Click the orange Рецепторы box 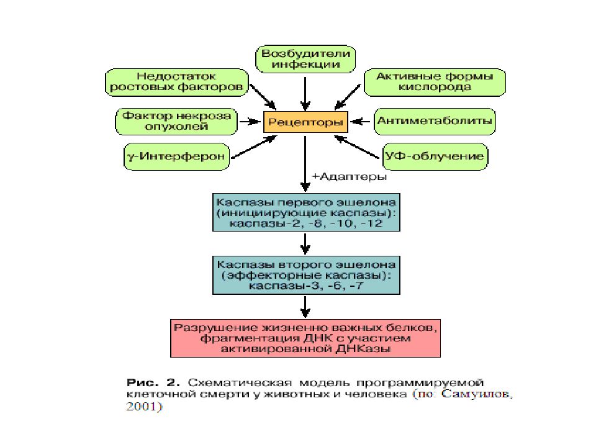305,122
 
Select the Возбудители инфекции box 305,59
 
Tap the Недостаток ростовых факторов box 177,82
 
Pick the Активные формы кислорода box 435,82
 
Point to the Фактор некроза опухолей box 176,122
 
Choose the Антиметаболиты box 435,122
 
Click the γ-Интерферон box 177,156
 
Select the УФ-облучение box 435,156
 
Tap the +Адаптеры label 349,177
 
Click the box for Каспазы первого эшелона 306,212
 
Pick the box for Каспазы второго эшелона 306,275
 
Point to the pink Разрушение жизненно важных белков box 305,338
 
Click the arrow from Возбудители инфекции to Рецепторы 305,94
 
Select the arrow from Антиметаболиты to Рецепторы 360,122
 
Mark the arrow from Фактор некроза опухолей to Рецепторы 250,122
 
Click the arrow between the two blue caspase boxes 305,243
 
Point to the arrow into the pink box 305,307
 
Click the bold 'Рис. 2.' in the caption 153,382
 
